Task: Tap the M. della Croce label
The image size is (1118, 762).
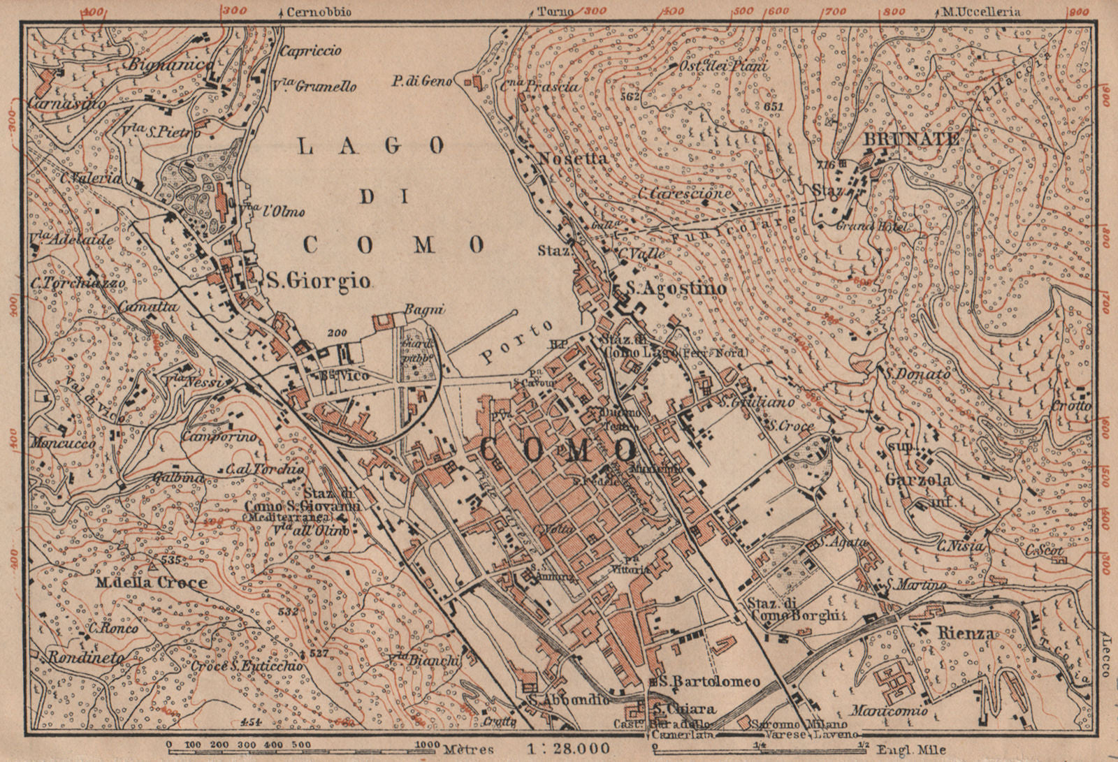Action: click(151, 583)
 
